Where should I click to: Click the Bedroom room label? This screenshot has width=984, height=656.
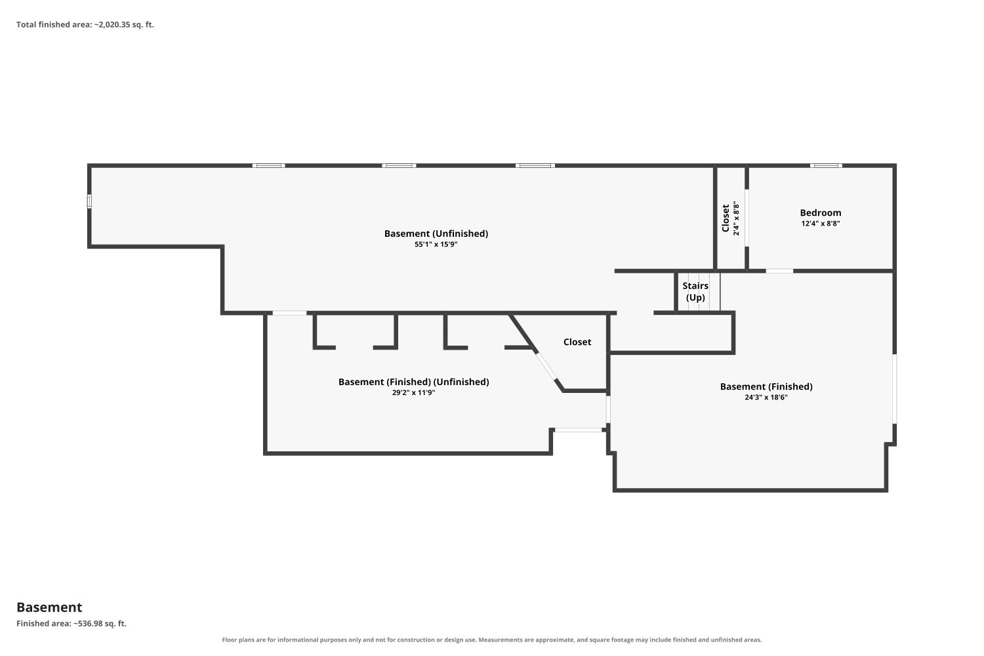(820, 213)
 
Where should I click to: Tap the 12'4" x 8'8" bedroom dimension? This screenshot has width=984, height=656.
(820, 224)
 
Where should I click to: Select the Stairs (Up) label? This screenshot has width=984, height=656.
(695, 292)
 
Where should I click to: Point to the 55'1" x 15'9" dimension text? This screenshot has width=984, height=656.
(436, 244)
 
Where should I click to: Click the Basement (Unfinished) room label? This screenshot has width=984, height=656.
(436, 234)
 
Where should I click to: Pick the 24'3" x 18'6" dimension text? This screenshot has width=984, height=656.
(766, 398)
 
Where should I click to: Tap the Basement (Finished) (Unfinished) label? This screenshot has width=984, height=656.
(413, 382)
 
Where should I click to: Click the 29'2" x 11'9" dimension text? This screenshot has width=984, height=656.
(413, 393)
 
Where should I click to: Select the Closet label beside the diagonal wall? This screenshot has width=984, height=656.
(577, 342)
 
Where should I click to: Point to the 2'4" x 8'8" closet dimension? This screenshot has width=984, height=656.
(736, 218)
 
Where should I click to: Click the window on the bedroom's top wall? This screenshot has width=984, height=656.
(826, 166)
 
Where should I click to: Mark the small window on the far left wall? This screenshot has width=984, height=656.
(89, 201)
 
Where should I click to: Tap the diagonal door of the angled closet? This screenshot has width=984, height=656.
(546, 365)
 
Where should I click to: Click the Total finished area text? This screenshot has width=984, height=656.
(85, 25)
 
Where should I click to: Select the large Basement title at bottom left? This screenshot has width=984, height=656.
(49, 607)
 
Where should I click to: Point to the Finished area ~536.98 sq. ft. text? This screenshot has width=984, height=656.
(72, 623)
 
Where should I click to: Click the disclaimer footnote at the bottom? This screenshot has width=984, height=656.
(491, 640)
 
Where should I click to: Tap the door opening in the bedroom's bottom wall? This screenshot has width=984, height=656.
(779, 271)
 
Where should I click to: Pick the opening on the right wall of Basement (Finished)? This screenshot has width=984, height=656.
(894, 389)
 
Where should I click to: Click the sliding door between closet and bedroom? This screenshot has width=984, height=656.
(747, 218)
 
